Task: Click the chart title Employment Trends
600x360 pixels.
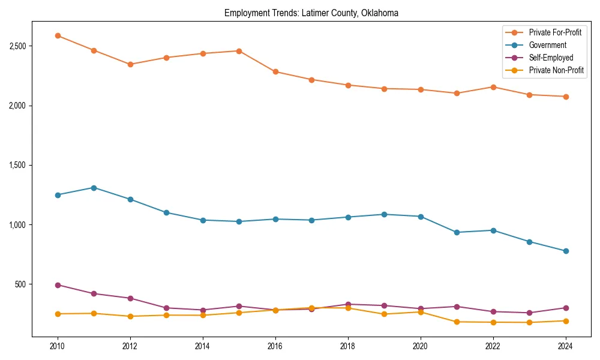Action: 311,13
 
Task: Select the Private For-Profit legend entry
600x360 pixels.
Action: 555,32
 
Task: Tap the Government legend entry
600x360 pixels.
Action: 547,45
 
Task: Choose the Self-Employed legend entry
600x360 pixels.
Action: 551,58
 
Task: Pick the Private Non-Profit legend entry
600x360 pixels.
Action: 556,70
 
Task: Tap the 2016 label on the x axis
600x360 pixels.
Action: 275,346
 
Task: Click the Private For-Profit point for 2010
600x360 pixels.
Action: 58,35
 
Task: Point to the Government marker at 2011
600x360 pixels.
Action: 94,188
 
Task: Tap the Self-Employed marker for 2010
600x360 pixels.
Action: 58,285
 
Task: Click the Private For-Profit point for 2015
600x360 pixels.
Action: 239,51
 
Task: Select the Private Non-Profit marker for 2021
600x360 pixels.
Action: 457,322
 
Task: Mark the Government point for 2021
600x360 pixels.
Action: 457,232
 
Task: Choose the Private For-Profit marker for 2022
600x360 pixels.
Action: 493,87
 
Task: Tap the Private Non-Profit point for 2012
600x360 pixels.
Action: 130,316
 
